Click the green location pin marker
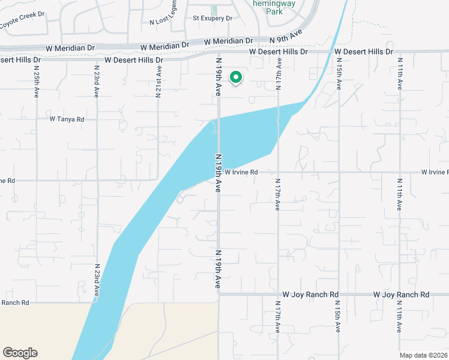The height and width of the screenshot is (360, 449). click(237, 78)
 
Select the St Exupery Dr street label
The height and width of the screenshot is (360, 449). click(212, 19)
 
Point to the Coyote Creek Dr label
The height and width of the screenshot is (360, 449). click(23, 23)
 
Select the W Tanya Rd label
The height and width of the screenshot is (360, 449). click(67, 119)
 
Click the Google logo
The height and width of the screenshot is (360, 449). click(20, 352)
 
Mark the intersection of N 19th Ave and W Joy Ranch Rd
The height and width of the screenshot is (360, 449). click(218, 295)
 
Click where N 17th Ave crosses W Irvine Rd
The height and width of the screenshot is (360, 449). click(278, 172)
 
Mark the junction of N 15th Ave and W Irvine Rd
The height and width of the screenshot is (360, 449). click(339, 172)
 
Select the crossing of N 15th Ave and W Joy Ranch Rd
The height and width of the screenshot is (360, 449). click(339, 295)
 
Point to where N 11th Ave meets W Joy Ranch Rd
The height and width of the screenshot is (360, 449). click(400, 295)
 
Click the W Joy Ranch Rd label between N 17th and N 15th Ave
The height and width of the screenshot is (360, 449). click(310, 295)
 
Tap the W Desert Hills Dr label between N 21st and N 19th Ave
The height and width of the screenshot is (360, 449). click(133, 60)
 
